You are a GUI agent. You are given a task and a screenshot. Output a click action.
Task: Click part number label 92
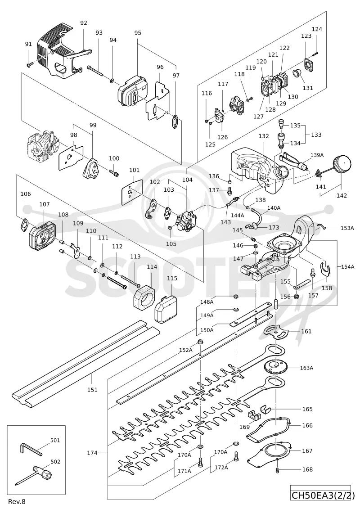84,23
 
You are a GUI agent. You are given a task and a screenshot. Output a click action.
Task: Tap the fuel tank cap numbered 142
342,165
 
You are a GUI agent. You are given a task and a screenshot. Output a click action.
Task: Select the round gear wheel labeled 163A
275,368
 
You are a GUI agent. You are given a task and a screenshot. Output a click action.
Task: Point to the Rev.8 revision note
17,501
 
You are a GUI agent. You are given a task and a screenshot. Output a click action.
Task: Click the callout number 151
93,390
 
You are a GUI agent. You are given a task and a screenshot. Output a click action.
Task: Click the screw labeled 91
29,65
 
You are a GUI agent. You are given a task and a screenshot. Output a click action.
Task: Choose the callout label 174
92,452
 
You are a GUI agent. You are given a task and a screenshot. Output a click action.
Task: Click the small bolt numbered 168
277,469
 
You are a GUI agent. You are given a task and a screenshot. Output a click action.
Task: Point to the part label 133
316,135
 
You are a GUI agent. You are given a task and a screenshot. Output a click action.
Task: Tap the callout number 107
45,204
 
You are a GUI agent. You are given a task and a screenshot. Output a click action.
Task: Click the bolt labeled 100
113,172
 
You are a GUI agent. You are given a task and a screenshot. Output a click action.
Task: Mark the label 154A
348,266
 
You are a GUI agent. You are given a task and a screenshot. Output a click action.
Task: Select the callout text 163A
306,368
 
